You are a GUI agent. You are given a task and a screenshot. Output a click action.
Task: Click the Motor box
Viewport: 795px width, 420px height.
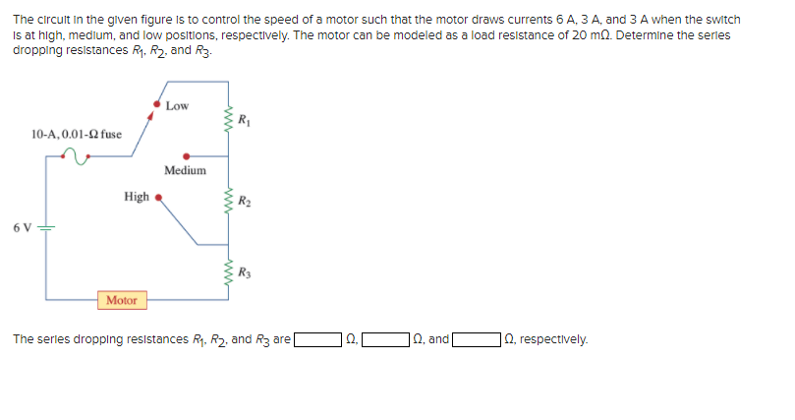122,300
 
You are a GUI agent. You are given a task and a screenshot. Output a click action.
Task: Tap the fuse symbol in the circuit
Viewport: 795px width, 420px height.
76,154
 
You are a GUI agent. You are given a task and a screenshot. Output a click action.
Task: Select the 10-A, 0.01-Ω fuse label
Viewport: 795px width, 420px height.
77,134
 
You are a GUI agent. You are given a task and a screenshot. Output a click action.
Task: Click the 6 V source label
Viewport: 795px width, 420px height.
23,228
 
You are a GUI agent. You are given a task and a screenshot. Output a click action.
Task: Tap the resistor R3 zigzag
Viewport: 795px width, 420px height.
230,272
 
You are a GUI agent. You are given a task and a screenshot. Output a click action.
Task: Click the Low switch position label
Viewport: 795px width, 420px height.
178,105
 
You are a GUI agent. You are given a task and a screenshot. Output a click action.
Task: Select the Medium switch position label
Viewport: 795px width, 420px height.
185,170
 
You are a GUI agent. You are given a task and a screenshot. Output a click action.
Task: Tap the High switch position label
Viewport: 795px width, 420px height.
137,197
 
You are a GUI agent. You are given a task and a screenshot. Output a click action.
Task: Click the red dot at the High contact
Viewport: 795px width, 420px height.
157,197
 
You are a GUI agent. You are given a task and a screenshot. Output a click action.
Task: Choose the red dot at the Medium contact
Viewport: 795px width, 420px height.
187,154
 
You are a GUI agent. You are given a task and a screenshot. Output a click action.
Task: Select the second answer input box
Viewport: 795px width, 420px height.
386,340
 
